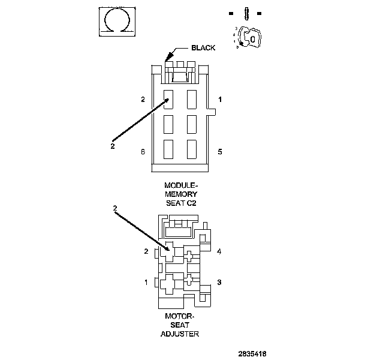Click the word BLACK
(203, 47)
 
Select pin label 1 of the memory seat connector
(220, 99)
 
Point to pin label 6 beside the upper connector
(143, 152)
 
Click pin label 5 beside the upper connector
(220, 152)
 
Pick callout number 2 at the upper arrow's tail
(113, 145)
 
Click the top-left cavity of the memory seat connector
(168, 98)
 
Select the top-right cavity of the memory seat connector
(192, 98)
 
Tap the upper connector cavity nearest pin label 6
(168, 148)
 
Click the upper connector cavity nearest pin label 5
(192, 148)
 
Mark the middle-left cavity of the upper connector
(168, 124)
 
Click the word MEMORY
(180, 194)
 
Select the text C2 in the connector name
(191, 203)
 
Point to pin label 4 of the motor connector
(219, 251)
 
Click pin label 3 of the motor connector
(219, 282)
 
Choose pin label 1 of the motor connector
(146, 281)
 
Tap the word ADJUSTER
(180, 334)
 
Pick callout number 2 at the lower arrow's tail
(115, 208)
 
